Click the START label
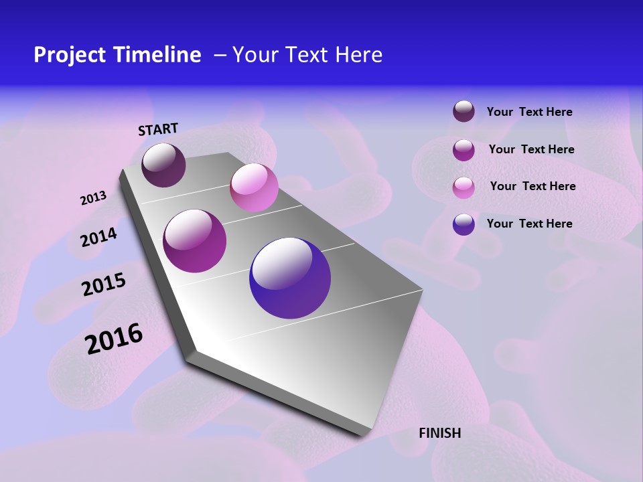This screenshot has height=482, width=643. pos(158,129)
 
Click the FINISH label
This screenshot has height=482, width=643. pos(440,433)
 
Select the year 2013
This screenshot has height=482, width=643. pos(93,198)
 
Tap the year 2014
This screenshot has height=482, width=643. pos(98,237)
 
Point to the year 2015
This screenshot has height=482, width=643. pos(104,285)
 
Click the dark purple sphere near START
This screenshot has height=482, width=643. pos(163,165)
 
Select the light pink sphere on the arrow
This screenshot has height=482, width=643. pos(254,187)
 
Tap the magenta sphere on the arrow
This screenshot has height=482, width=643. pos(195,241)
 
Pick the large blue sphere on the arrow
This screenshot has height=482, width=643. pos(290,278)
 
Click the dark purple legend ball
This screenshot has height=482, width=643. pos(463,111)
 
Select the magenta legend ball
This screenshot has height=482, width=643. pos(463,149)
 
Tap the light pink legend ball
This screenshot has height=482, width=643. pos(463,187)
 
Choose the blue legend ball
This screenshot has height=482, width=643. pos(463,224)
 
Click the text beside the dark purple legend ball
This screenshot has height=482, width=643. pos(529,112)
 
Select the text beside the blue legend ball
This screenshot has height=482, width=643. pos(529,224)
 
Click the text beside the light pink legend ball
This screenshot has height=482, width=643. pos(532,186)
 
